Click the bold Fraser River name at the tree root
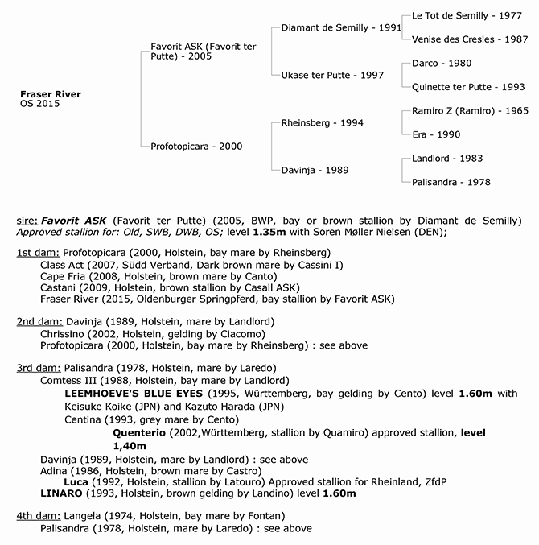50,94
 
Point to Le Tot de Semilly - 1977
461,15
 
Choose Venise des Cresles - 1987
468,39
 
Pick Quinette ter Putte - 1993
468,87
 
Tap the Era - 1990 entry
435,134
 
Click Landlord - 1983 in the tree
446,159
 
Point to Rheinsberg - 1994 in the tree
323,122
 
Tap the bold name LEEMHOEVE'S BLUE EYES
131,393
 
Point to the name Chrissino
67,334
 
